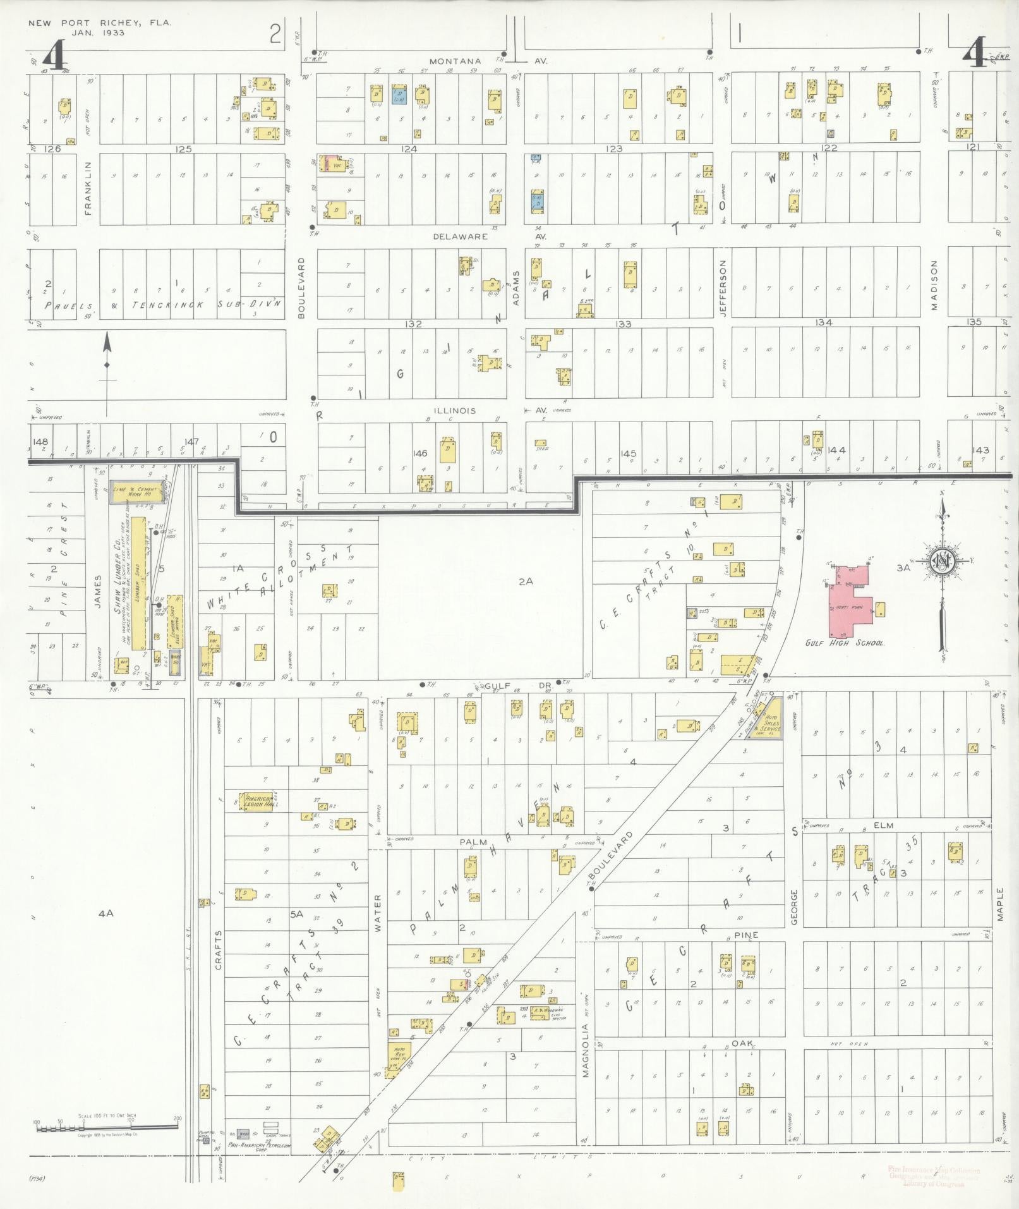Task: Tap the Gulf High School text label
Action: [844, 643]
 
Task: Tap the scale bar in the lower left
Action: [107, 1126]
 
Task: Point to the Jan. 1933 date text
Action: [98, 32]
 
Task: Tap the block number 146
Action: [419, 453]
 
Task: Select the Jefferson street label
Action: [723, 288]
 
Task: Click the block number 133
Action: [623, 324]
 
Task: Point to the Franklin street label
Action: [88, 187]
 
